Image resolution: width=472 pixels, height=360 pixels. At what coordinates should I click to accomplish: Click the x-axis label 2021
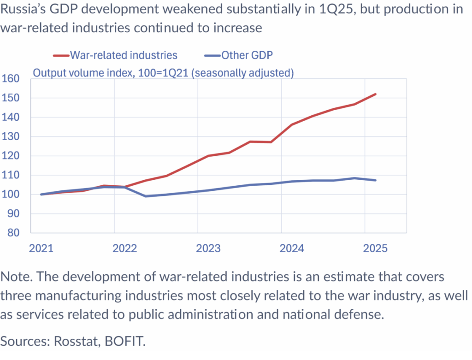tap(41, 248)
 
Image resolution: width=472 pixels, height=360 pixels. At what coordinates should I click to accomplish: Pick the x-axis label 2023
tap(208, 248)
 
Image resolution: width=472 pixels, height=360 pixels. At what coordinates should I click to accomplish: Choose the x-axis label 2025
tap(375, 248)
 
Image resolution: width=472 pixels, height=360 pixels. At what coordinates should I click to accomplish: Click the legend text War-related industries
tap(124, 55)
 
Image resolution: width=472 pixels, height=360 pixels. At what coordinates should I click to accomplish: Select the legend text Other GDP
tap(247, 55)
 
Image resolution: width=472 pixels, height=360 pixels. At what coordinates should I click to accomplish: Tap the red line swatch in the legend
tap(61, 56)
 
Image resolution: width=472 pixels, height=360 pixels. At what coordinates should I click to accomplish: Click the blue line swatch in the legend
tap(212, 56)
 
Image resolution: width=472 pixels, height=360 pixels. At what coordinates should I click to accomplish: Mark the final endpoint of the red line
tap(376, 94)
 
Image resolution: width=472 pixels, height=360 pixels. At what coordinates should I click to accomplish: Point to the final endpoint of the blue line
tap(376, 180)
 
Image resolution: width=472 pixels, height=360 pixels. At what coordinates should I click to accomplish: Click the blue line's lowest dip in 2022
tap(146, 196)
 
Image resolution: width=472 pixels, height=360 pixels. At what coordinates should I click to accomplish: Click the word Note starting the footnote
tap(16, 277)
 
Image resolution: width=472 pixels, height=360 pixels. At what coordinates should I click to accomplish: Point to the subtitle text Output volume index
tap(76, 73)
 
